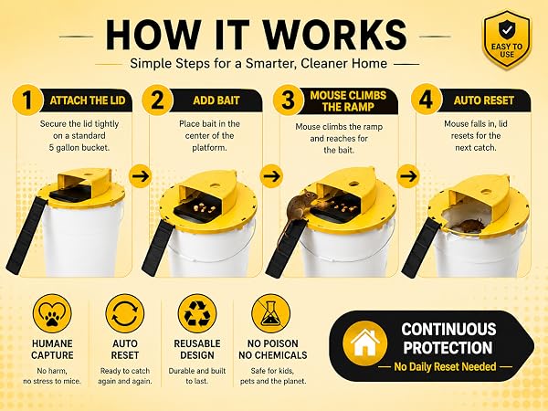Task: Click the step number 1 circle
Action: (x=27, y=100)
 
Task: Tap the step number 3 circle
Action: (x=289, y=100)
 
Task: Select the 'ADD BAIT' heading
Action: (x=216, y=100)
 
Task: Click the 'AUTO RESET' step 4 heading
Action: (x=484, y=100)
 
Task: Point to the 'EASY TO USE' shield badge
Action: (x=507, y=39)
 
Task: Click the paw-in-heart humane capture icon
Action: (x=52, y=313)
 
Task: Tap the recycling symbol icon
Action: (x=197, y=313)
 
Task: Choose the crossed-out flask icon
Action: (x=270, y=313)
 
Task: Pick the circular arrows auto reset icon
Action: (x=125, y=313)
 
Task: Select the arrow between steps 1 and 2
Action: (x=141, y=176)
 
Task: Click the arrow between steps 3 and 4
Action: (x=408, y=176)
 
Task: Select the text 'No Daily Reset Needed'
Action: (x=446, y=366)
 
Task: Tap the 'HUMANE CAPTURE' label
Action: (x=52, y=349)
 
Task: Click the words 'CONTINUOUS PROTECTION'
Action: (x=448, y=339)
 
